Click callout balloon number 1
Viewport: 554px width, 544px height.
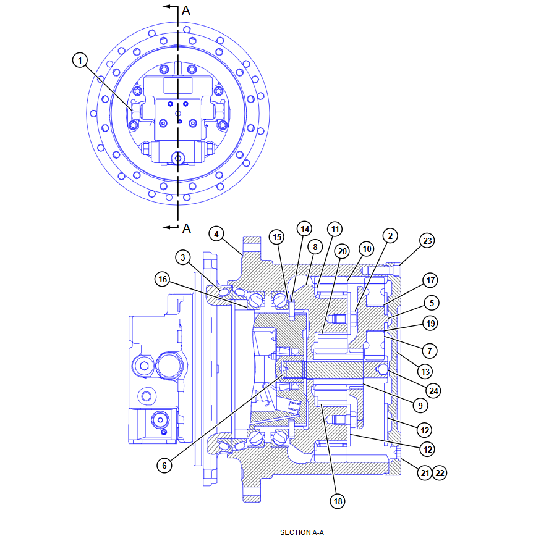coord(80,60)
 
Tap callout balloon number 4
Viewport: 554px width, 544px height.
coord(215,234)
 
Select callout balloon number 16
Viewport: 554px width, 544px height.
coord(162,280)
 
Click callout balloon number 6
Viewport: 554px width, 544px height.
coord(164,466)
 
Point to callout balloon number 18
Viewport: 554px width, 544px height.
coord(338,501)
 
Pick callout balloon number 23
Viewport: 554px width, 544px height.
coord(427,241)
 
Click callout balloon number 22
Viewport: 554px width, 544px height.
coord(440,473)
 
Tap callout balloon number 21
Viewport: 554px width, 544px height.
coord(424,473)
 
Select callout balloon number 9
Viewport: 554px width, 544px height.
coord(419,406)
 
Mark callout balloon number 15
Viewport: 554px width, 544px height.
coord(276,237)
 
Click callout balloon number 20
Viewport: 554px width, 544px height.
coord(343,251)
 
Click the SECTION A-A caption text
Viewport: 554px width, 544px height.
coord(302,532)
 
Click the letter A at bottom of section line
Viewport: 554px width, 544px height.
coord(186,228)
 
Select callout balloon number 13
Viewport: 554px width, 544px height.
coord(424,371)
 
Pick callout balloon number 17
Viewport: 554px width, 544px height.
coord(430,280)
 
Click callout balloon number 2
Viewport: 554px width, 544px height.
coord(390,235)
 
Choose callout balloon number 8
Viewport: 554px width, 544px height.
coord(314,247)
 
